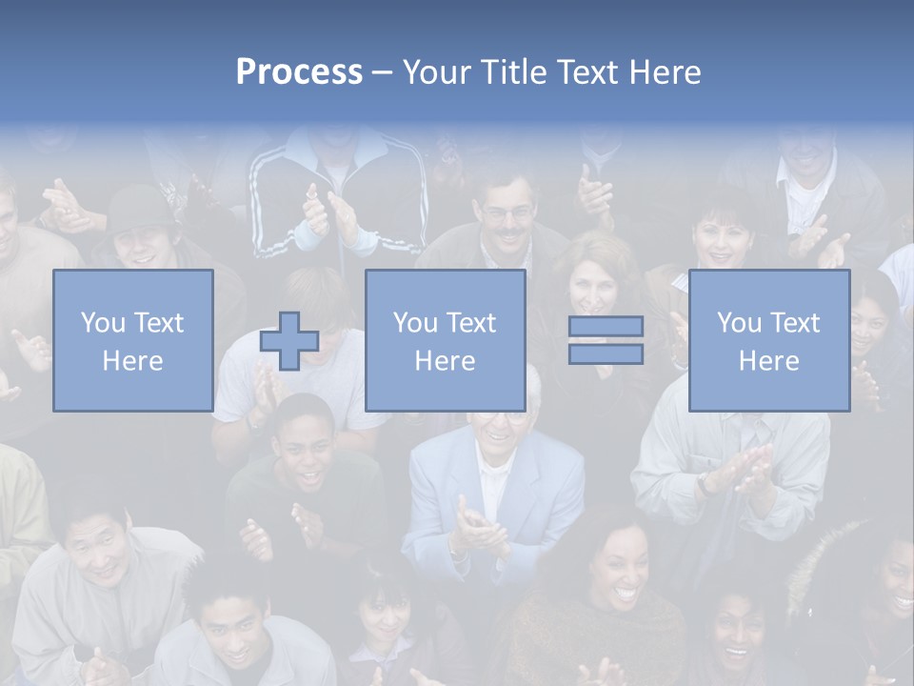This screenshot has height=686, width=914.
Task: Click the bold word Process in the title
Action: coord(299,71)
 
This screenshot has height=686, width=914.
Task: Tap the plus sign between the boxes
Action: coord(289,341)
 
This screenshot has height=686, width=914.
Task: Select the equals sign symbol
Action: coord(606,340)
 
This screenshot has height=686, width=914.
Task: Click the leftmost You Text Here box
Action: coord(132,340)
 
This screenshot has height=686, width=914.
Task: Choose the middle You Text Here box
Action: coord(445,340)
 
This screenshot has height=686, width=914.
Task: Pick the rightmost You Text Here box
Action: coord(768,340)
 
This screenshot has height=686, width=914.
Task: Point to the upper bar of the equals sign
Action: coord(606,327)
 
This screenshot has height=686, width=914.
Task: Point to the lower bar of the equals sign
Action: coord(606,353)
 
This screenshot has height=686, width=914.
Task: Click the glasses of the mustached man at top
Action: coord(507,213)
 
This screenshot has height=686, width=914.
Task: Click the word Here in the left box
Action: coord(132,360)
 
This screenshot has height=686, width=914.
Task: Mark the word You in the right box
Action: coord(738,323)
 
